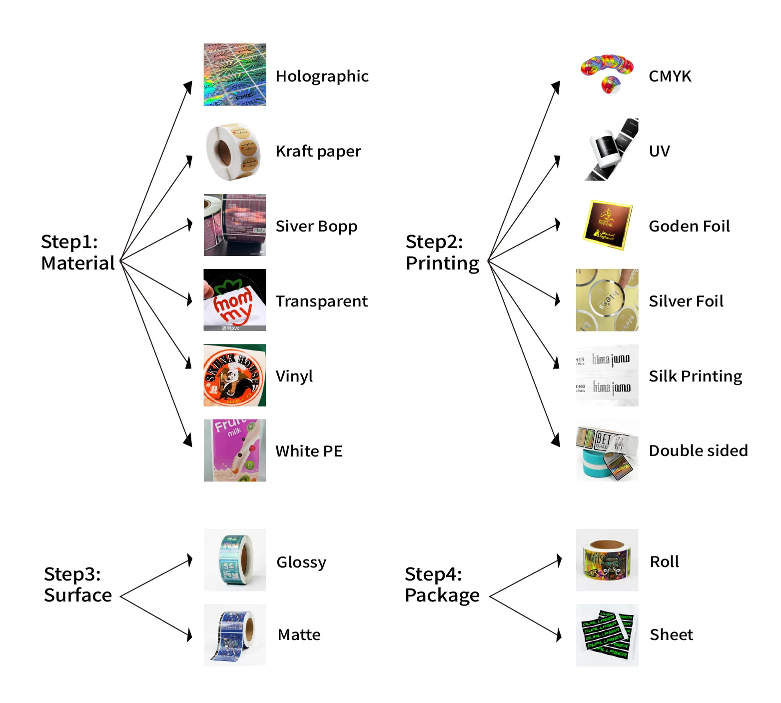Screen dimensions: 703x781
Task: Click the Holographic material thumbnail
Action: click(234, 74)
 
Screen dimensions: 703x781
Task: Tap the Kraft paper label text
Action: click(318, 151)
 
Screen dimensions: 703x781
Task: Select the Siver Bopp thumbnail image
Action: click(234, 225)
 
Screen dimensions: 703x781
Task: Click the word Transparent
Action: click(321, 301)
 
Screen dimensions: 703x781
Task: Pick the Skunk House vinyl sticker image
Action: click(234, 375)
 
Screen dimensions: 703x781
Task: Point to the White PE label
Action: click(308, 451)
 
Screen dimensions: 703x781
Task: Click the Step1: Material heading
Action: click(77, 252)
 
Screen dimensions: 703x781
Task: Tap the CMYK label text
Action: click(670, 76)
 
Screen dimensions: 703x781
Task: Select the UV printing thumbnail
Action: click(607, 149)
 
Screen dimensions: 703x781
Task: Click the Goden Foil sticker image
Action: click(607, 225)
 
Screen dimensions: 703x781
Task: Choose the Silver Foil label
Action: click(686, 301)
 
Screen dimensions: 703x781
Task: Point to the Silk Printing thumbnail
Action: click(607, 375)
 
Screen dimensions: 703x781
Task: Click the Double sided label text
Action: click(698, 450)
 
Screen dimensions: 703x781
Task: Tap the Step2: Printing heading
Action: click(442, 252)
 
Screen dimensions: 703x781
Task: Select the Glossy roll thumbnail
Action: click(234, 560)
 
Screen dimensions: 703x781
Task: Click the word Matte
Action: click(299, 634)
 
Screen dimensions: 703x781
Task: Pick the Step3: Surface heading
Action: click(77, 584)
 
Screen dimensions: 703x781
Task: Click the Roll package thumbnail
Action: click(607, 560)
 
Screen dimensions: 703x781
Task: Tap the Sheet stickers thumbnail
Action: click(607, 635)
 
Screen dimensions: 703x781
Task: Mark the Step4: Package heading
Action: click(442, 584)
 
